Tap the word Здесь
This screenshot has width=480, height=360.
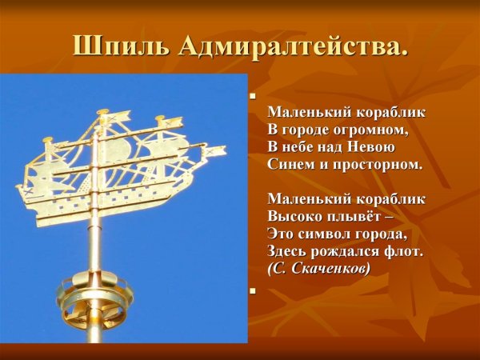point(290,252)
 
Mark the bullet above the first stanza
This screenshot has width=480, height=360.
point(253,96)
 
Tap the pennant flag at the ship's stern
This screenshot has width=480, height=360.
point(214,150)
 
